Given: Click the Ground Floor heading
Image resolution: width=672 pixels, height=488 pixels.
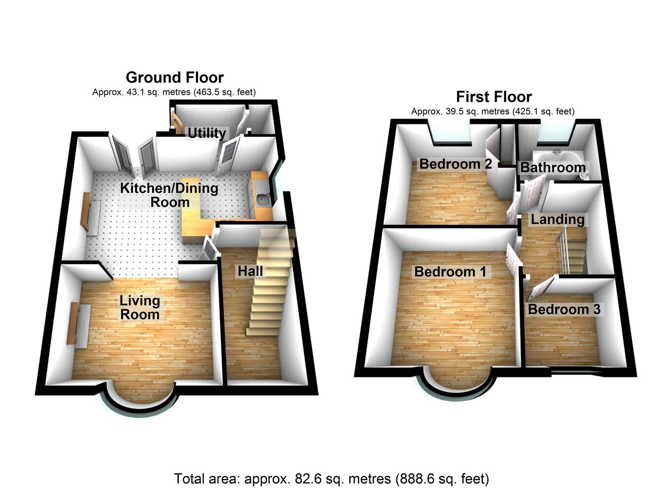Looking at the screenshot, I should click(x=175, y=78).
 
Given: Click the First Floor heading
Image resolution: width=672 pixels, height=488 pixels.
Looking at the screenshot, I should click(x=494, y=97).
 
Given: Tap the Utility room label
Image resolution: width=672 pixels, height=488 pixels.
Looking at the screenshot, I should click(x=206, y=133).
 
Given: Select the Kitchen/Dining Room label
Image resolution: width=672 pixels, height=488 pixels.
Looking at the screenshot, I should click(x=169, y=195).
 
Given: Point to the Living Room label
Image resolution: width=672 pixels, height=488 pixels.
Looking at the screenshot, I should click(x=139, y=307).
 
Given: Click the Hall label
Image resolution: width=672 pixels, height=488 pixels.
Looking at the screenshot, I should click(x=250, y=271).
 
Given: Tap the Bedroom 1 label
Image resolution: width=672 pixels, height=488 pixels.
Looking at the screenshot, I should click(x=450, y=272).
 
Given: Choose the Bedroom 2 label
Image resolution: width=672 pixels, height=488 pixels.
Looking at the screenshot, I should click(x=455, y=164).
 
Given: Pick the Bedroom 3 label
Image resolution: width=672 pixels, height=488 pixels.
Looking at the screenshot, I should click(x=564, y=309).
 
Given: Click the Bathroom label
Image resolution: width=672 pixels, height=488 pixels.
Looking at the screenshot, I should click(x=553, y=167).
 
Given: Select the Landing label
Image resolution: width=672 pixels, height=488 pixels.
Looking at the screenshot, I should click(x=558, y=220).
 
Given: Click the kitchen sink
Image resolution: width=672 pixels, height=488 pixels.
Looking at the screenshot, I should click(x=262, y=198).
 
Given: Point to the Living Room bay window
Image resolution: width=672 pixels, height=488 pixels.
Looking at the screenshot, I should click(x=142, y=400).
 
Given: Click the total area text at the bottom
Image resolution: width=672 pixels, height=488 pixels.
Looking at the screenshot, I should click(x=331, y=479).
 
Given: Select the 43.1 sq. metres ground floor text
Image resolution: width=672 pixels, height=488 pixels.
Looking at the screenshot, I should click(x=174, y=92).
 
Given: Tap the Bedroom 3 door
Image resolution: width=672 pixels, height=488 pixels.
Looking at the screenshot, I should click(x=540, y=287).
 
